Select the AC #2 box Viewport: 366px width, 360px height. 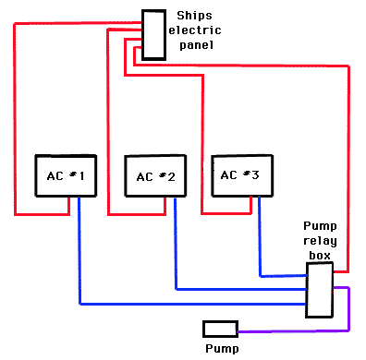tap(155, 175)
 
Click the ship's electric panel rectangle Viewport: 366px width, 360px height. tap(153, 35)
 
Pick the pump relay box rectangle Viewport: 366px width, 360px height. tap(319, 289)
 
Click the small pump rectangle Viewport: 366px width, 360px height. tap(220, 329)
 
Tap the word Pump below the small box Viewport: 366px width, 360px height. tap(222, 348)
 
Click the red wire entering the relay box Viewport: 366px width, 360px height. tap(348, 185)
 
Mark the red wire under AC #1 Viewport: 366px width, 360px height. tap(42, 214)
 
